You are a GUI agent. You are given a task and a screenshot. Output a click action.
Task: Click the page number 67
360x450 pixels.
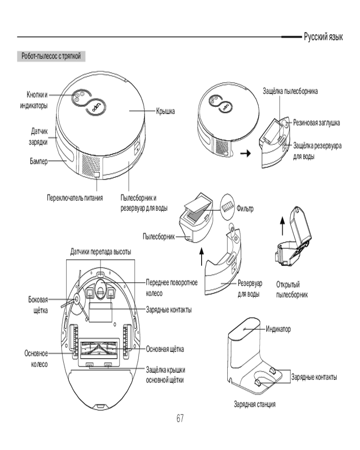pyautogui.click(x=180, y=418)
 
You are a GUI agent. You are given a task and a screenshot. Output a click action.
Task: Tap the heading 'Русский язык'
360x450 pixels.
pyautogui.click(x=323, y=37)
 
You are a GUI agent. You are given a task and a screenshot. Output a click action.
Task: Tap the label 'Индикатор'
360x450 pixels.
pyautogui.click(x=278, y=329)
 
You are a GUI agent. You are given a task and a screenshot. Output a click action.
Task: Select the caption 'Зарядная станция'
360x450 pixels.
pyautogui.click(x=254, y=404)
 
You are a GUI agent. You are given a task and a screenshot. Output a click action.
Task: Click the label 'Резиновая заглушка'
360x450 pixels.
pyautogui.click(x=316, y=122)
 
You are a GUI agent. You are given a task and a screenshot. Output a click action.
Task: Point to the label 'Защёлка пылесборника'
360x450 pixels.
pyautogui.click(x=290, y=91)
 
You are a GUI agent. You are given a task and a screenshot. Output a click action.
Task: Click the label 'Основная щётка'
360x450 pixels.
pyautogui.click(x=165, y=349)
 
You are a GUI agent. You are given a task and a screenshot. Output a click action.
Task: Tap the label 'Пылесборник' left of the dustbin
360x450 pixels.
pyautogui.click(x=158, y=236)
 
